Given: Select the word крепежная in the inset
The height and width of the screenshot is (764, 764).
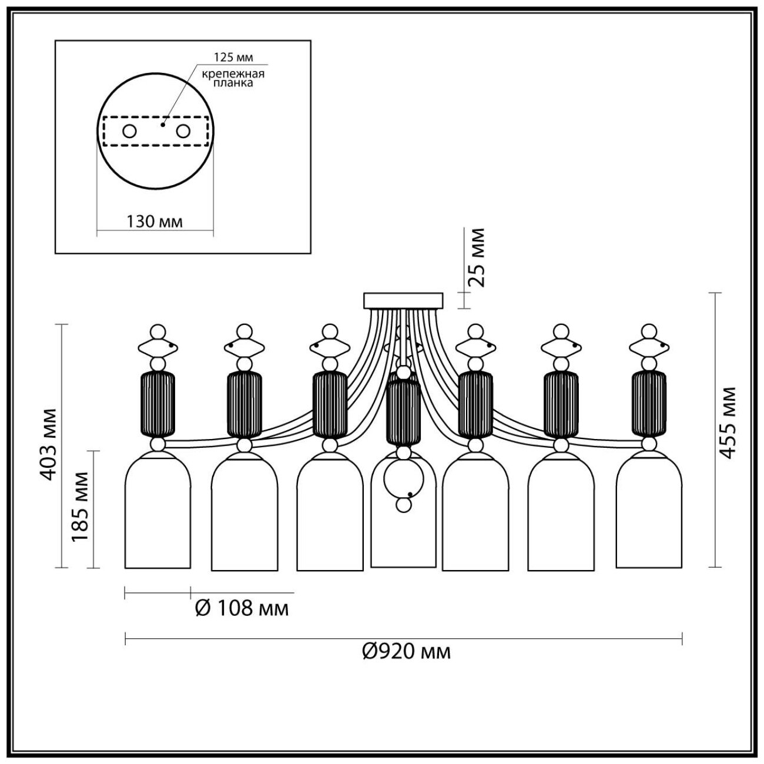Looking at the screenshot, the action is tap(233, 73).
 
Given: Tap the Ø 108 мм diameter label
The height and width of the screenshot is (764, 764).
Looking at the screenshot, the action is tap(242, 608).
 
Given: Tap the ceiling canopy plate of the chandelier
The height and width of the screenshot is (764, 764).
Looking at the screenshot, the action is tap(403, 300).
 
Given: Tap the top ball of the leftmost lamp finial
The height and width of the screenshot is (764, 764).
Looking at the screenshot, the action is tap(157, 331).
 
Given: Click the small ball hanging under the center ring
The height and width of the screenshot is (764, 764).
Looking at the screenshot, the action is tap(403, 504).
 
